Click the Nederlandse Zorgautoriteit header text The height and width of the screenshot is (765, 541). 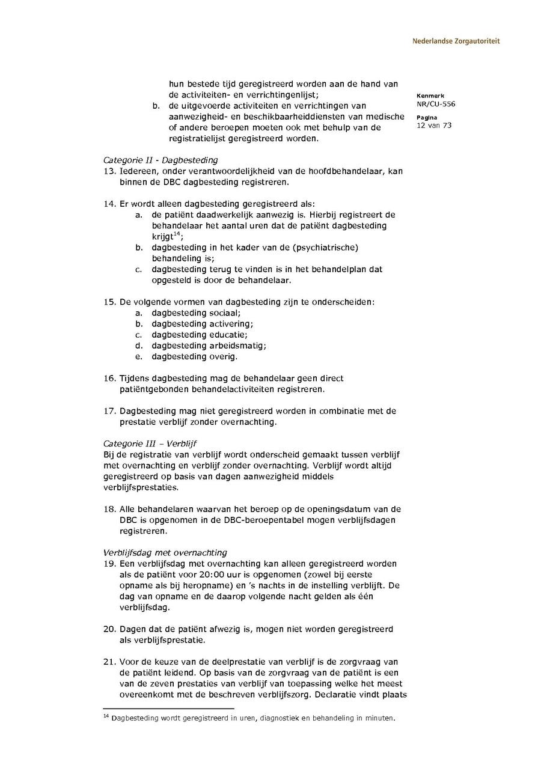point(456,41)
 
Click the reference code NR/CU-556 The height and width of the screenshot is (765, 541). point(436,104)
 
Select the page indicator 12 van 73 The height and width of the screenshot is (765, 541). point(433,126)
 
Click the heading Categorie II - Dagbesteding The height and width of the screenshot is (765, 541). point(160,160)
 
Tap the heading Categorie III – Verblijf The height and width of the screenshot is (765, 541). point(150,443)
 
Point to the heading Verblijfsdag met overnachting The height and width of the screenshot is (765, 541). point(165,552)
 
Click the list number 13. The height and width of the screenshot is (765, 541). point(109,171)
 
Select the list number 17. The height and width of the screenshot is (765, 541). point(109,411)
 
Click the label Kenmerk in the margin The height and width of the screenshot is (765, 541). point(430,96)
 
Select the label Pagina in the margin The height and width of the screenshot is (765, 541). point(427,117)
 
